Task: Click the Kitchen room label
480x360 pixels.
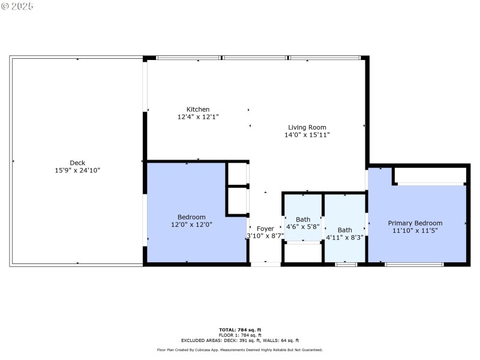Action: [198, 109]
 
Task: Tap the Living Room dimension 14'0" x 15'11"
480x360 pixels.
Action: [307, 135]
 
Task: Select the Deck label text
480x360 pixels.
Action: [77, 163]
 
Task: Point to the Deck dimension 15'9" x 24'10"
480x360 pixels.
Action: [77, 170]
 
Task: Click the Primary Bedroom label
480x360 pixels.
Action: [415, 223]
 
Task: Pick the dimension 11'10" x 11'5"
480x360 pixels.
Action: [415, 230]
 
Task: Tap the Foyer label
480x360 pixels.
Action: [265, 229]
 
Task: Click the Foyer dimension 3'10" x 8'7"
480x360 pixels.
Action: [265, 236]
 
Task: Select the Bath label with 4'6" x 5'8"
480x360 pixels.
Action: [303, 220]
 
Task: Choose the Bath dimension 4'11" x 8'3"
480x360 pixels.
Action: [344, 238]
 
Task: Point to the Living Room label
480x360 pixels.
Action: [307, 127]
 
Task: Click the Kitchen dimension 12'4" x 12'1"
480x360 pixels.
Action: [198, 117]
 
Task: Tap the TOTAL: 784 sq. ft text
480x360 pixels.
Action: [239, 330]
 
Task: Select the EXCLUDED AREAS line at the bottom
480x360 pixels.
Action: [239, 340]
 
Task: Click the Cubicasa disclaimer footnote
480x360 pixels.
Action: [239, 350]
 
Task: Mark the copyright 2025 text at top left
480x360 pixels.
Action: [17, 5]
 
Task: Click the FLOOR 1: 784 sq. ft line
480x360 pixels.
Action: [239, 335]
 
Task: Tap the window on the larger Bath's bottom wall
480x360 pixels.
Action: [346, 264]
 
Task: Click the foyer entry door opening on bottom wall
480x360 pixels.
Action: [265, 264]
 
